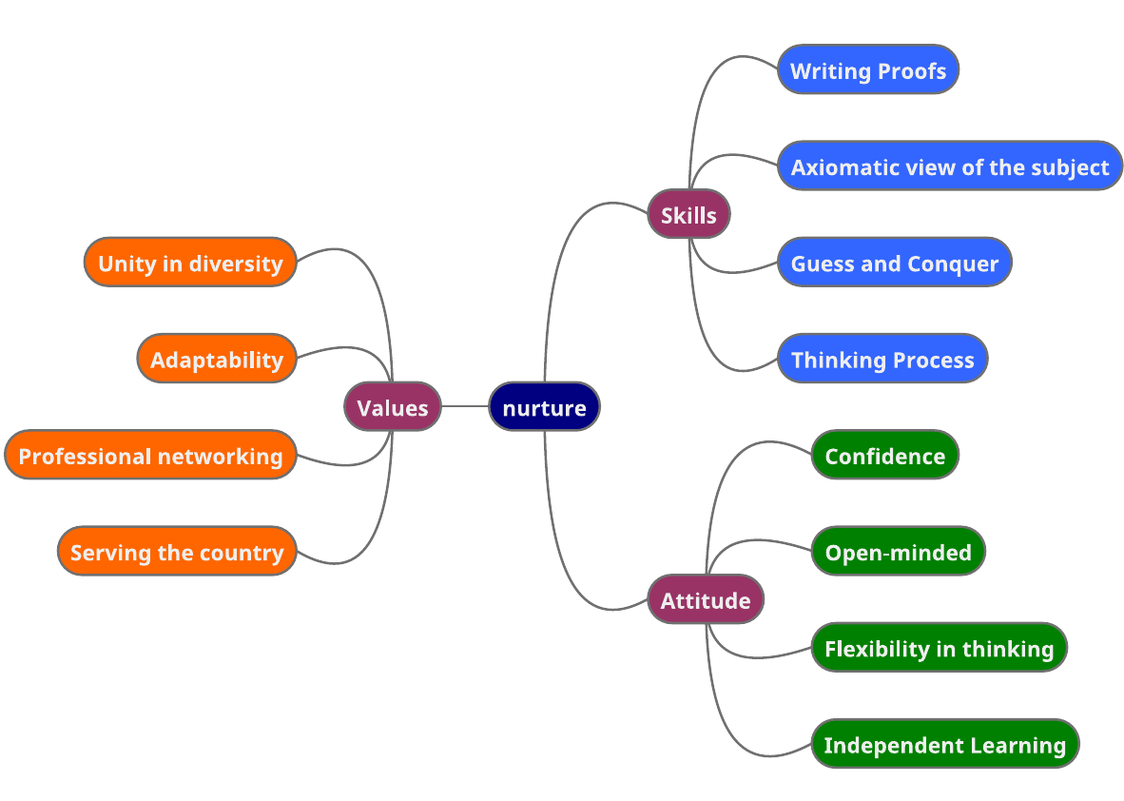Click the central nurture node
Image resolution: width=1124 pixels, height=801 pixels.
[x=544, y=407]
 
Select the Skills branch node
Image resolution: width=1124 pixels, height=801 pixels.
[x=688, y=215]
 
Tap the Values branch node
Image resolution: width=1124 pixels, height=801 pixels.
[x=392, y=407]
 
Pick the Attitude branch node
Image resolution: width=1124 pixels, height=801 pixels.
[x=705, y=599]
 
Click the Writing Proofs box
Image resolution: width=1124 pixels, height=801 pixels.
[x=867, y=69]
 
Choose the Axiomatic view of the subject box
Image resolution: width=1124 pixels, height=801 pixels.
[x=949, y=166]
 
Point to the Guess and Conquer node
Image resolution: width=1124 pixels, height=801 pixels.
[x=894, y=263]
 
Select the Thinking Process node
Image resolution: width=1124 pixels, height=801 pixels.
[x=882, y=359]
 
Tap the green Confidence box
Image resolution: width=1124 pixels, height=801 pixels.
[x=884, y=455]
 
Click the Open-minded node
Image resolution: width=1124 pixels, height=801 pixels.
[x=897, y=552]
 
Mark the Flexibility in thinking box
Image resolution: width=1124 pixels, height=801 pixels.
[x=939, y=648]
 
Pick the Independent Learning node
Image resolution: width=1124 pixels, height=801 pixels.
[x=944, y=744]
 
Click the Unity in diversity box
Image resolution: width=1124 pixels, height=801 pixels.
[x=190, y=263]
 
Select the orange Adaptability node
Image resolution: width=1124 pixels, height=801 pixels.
[x=217, y=359]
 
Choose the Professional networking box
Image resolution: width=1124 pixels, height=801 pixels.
[x=150, y=455]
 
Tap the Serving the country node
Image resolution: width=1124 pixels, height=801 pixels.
[x=177, y=552]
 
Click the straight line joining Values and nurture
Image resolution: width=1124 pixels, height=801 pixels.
[x=465, y=407]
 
